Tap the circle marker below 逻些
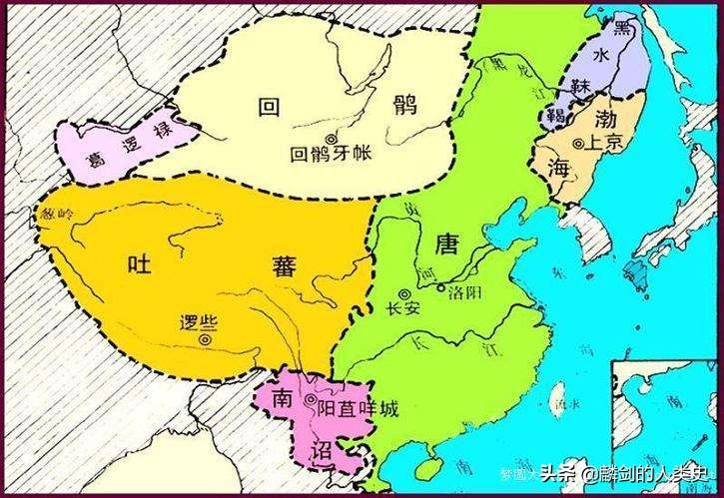pos(205,339)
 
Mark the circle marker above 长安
pos(404,293)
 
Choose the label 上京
pos(607,142)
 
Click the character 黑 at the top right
pos(624,27)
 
